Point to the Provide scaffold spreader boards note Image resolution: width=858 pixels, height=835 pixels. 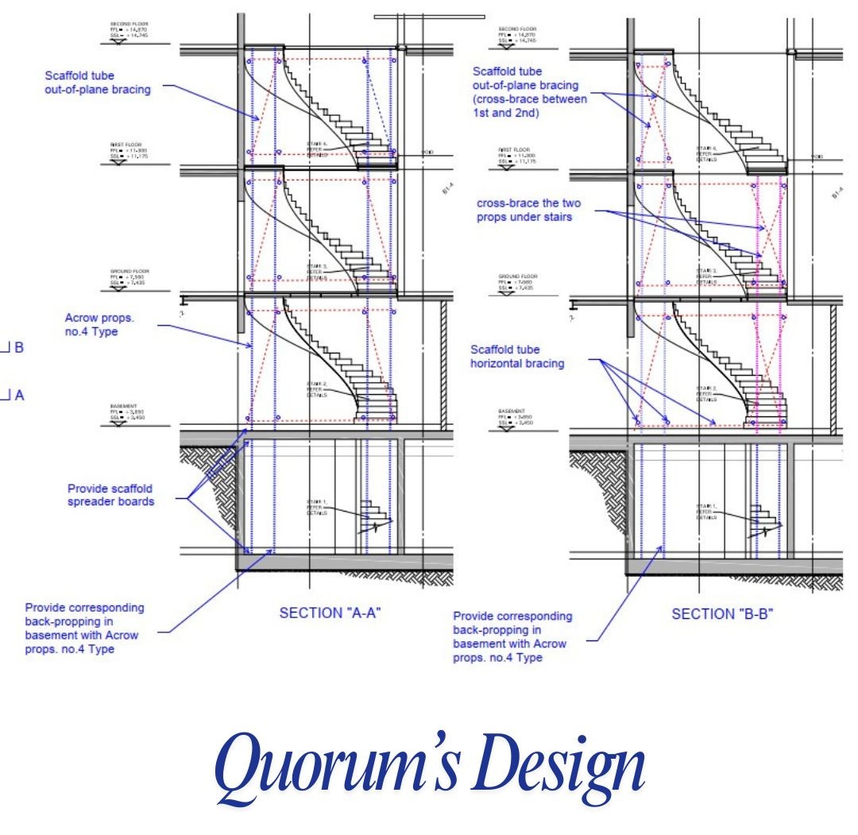110,495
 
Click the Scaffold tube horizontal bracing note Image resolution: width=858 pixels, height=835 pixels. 518,356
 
